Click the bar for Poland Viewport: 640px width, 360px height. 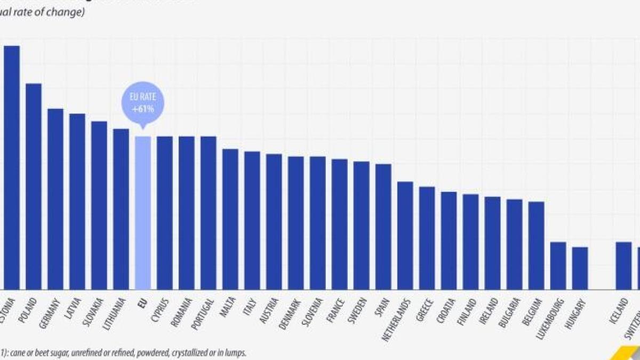click(x=34, y=187)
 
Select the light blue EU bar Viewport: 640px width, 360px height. click(x=142, y=213)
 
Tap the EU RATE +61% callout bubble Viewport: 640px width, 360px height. click(x=142, y=103)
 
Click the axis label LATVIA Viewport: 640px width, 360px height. click(x=73, y=308)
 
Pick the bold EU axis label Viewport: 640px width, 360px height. click(x=142, y=303)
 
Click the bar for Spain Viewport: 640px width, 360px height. click(x=383, y=227)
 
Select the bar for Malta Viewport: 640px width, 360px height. click(x=230, y=219)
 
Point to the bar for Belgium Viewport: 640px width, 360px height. click(x=536, y=245)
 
